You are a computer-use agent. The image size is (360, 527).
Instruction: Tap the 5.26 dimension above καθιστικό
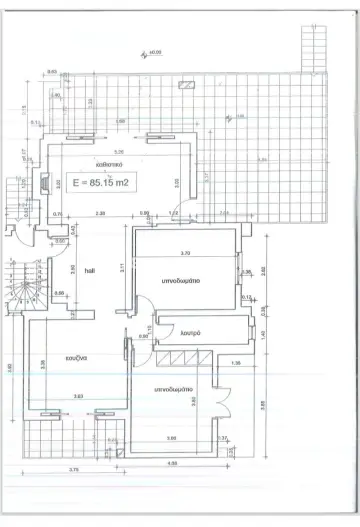pos(119,152)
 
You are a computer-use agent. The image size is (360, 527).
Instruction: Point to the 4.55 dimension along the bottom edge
pos(171,462)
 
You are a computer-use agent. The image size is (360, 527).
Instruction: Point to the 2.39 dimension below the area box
pos(100,213)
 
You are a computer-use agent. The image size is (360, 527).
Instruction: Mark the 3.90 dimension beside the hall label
pos(73,268)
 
